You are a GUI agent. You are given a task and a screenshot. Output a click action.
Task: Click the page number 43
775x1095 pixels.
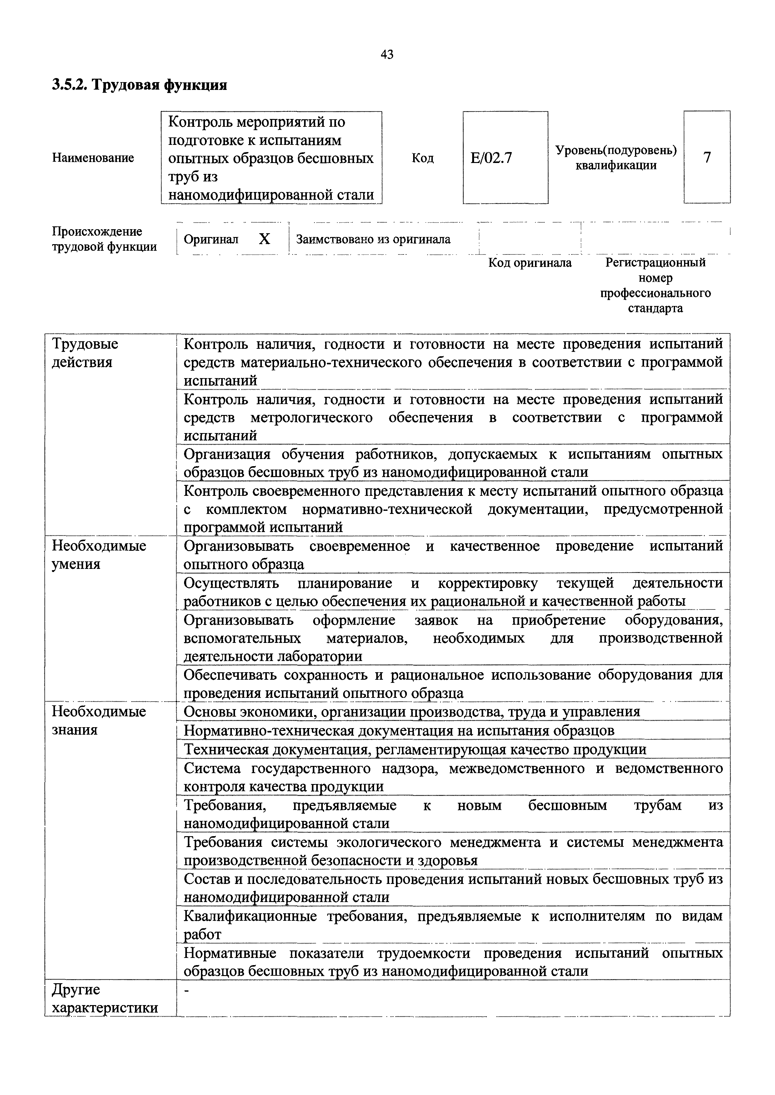click(387, 55)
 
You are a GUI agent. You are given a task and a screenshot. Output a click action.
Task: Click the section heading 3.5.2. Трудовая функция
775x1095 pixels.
click(139, 85)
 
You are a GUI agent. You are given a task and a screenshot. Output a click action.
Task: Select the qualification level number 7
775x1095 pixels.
click(707, 157)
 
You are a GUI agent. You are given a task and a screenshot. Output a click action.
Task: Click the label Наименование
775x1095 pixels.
click(93, 158)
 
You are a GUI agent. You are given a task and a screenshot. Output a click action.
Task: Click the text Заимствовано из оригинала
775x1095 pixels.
click(373, 239)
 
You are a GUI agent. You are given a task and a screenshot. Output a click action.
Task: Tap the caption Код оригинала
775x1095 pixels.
click(530, 263)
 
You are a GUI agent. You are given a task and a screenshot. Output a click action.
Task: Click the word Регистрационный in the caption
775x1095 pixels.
click(655, 263)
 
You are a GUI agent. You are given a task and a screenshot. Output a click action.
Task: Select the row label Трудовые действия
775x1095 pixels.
click(85, 353)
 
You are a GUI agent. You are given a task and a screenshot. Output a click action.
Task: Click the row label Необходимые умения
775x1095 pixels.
click(99, 555)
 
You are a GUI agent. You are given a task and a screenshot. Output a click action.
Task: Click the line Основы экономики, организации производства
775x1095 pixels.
click(411, 712)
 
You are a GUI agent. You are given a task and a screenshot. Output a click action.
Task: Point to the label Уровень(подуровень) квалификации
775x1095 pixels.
click(616, 158)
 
